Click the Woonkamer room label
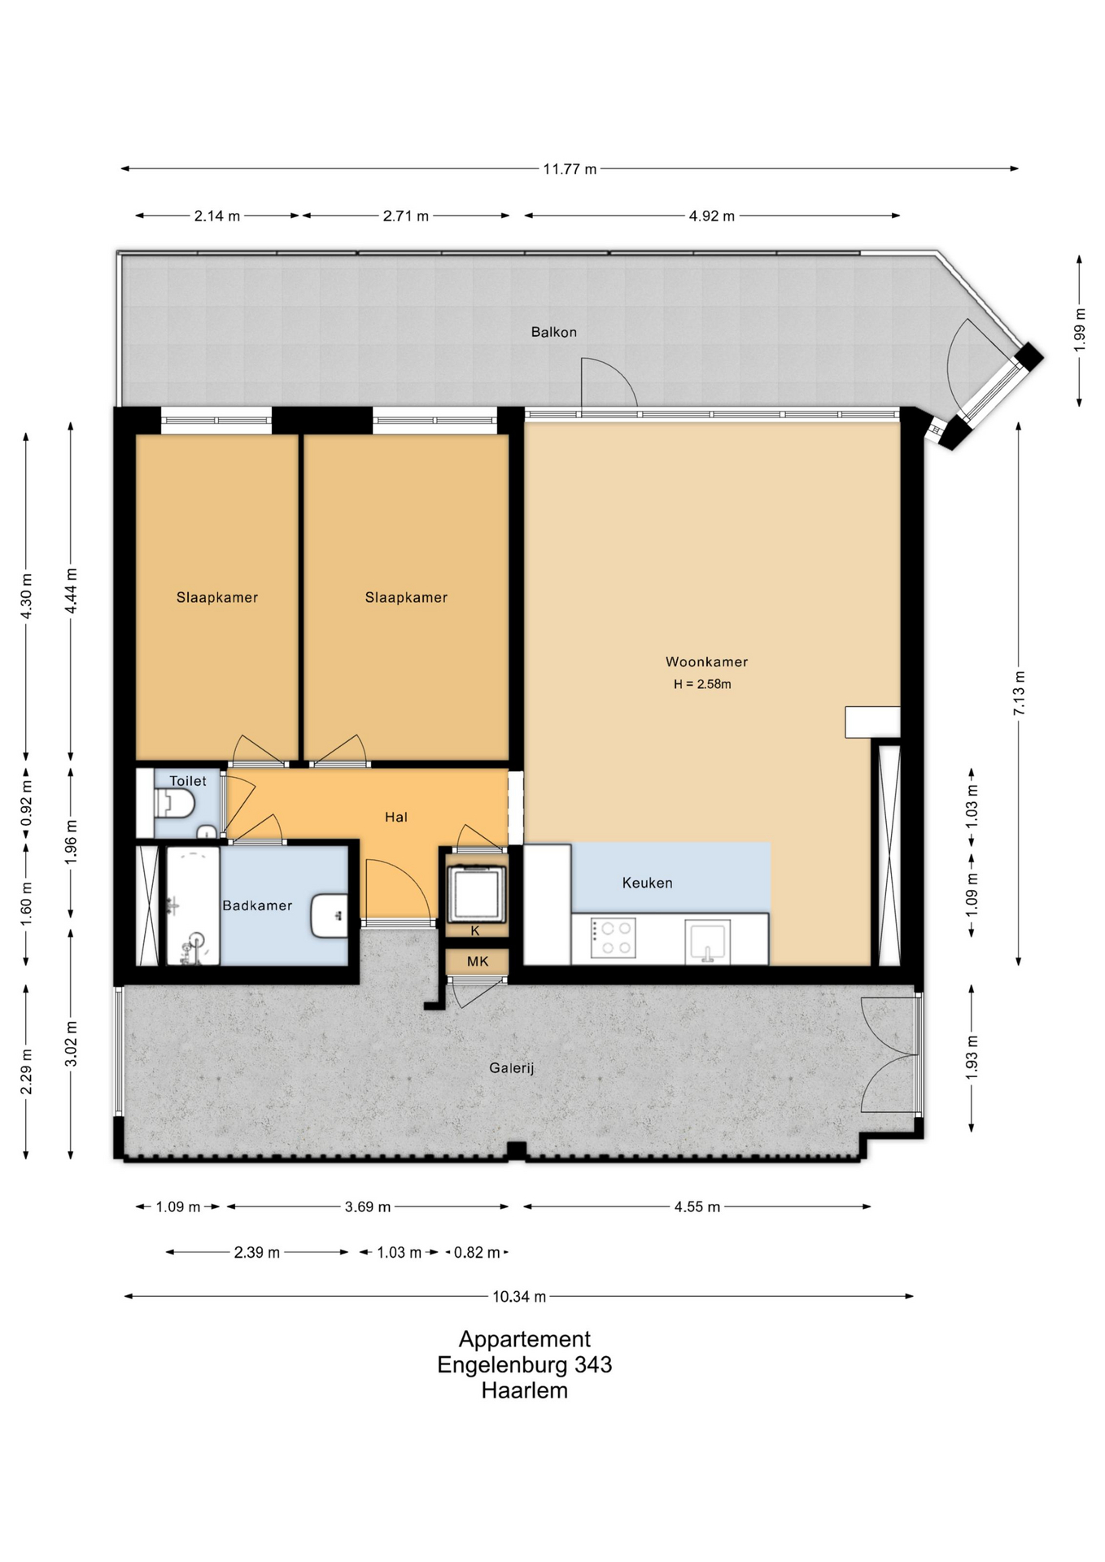click(706, 661)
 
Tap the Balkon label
click(553, 332)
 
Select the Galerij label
click(511, 1068)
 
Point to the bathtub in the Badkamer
click(194, 906)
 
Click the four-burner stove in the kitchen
click(613, 938)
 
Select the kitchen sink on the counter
click(707, 940)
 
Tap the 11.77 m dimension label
click(570, 169)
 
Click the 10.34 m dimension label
click(519, 1297)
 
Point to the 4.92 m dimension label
click(712, 216)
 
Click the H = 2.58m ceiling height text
click(702, 684)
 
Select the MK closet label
click(478, 962)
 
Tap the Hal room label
click(396, 817)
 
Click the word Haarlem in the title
click(525, 1390)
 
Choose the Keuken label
click(647, 883)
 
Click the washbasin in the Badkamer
click(330, 916)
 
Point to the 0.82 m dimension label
click(478, 1252)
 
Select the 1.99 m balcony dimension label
click(1080, 329)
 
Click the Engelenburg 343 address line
click(525, 1364)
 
